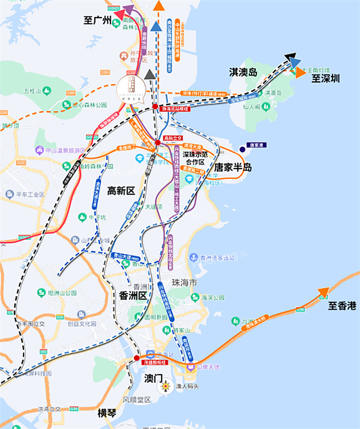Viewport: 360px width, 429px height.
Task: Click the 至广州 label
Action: (97, 20)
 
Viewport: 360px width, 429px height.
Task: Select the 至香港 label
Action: (342, 306)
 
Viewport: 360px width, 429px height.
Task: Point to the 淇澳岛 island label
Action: (243, 72)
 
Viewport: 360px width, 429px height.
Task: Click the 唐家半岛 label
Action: (233, 167)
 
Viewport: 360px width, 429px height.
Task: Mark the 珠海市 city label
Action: (184, 283)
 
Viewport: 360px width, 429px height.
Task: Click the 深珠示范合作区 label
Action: (195, 157)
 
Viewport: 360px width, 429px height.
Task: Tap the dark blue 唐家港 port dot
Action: (243, 149)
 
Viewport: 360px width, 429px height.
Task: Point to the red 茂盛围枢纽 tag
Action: (154, 362)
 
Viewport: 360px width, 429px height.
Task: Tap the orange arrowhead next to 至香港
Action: (324, 293)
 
